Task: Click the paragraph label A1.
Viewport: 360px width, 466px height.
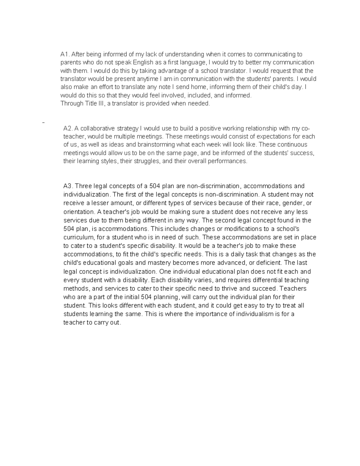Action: point(65,54)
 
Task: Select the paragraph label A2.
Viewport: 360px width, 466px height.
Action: point(68,128)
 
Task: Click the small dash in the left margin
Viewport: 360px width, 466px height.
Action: point(44,122)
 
